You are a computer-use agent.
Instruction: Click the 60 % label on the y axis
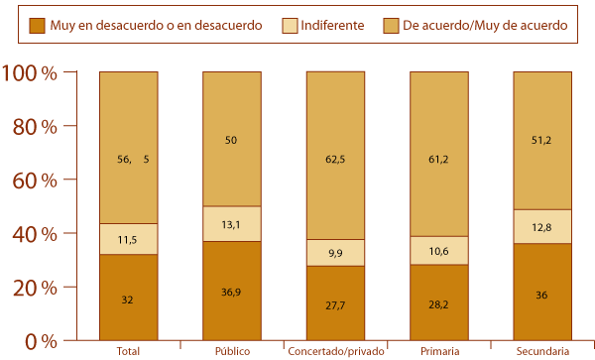coord(33,180)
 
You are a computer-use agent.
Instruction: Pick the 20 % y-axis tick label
coord(33,288)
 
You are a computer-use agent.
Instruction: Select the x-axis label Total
coord(128,351)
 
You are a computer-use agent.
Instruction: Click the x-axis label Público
coord(231,351)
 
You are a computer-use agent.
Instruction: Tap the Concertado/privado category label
coord(334,351)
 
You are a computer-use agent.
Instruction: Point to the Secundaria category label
coord(541,351)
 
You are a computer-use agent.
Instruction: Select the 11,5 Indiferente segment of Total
coord(128,239)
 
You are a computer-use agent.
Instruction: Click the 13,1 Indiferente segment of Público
coord(231,223)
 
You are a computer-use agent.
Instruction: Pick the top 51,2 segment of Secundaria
coord(541,141)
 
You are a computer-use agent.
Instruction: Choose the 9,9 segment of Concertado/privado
coord(335,253)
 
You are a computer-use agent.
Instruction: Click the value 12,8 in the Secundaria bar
coord(541,227)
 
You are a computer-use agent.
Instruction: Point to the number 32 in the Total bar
coord(128,298)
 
